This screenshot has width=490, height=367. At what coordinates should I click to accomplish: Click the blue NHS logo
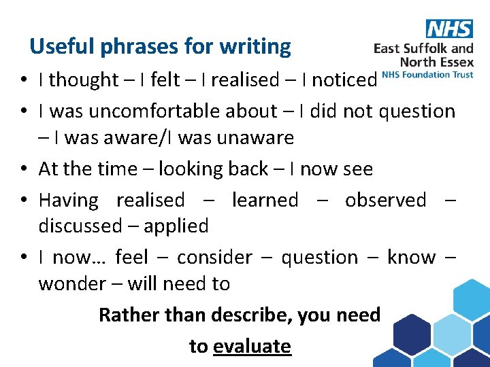449,29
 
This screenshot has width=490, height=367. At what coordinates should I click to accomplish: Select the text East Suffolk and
423,48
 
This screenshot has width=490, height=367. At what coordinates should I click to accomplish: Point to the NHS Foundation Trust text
427,74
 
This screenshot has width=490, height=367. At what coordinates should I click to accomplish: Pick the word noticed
344,80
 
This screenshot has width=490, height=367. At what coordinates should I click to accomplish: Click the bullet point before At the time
23,169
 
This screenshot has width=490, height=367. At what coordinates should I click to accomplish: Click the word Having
68,200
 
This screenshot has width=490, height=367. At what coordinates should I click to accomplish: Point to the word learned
265,200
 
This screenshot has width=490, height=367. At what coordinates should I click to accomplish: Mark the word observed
385,200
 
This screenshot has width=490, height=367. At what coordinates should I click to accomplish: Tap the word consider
214,258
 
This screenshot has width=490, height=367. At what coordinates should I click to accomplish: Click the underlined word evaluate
252,346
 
